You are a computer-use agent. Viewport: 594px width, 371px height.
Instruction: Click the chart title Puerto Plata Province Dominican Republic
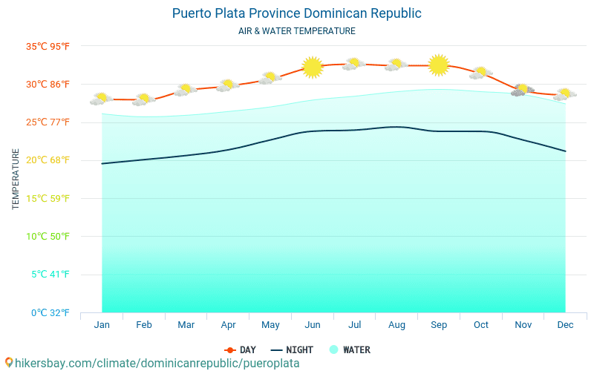[x=296, y=13]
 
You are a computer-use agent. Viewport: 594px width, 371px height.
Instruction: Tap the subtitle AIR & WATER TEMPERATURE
[x=296, y=31]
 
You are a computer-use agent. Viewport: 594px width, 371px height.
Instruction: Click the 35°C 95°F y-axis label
[x=48, y=46]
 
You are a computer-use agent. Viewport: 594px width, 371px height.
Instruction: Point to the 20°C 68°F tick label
[x=48, y=160]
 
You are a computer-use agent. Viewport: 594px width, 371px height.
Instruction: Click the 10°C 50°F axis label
[x=48, y=236]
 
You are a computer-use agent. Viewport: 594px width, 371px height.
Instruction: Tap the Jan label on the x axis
[x=102, y=325]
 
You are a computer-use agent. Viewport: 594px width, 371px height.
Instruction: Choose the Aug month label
[x=396, y=325]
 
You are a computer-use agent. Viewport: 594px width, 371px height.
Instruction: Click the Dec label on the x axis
[x=565, y=325]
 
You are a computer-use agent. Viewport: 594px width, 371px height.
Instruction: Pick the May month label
[x=270, y=325]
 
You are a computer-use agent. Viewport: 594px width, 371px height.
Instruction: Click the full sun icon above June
[x=313, y=68]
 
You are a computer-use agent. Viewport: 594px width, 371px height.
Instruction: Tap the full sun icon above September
[x=439, y=65]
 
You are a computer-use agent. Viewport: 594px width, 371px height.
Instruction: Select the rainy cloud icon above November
[x=523, y=90]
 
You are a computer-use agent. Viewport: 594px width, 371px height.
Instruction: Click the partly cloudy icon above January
[x=102, y=98]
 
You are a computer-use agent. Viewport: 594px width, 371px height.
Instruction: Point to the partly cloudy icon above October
[x=481, y=73]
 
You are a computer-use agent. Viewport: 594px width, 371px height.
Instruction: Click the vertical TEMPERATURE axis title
[x=16, y=179]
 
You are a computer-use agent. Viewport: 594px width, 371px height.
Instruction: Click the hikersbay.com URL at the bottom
[x=152, y=363]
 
